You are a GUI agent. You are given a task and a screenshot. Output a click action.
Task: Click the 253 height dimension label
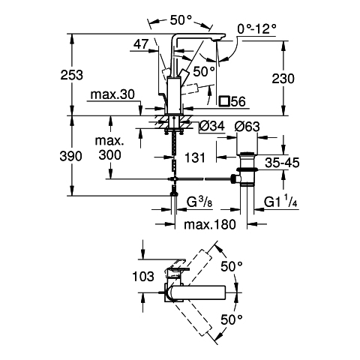click(71, 75)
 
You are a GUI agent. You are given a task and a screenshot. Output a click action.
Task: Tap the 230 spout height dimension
click(283, 79)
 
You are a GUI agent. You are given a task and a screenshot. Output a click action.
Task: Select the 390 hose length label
click(71, 156)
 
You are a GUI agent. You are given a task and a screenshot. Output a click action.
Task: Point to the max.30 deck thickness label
click(112, 94)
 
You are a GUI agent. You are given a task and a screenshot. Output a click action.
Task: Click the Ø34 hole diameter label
click(212, 127)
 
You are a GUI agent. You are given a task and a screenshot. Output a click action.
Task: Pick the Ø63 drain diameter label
click(247, 127)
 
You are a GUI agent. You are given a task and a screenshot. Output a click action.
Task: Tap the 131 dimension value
click(195, 157)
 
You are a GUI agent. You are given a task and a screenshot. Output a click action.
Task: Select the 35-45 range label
click(282, 163)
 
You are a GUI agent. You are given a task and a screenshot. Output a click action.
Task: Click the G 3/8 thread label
click(199, 202)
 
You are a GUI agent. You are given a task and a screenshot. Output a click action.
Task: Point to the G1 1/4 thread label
click(280, 202)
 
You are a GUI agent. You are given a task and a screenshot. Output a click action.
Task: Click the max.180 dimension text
click(210, 224)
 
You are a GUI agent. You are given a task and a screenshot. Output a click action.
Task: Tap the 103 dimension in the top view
click(143, 277)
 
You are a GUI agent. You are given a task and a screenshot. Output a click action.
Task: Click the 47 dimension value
click(141, 44)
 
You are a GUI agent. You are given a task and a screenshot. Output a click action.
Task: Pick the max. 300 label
click(109, 148)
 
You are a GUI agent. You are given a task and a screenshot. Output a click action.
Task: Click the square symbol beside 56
click(223, 101)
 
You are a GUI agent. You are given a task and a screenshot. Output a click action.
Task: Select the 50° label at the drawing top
click(181, 20)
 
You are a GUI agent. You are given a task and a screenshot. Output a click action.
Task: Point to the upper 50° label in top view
click(232, 267)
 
